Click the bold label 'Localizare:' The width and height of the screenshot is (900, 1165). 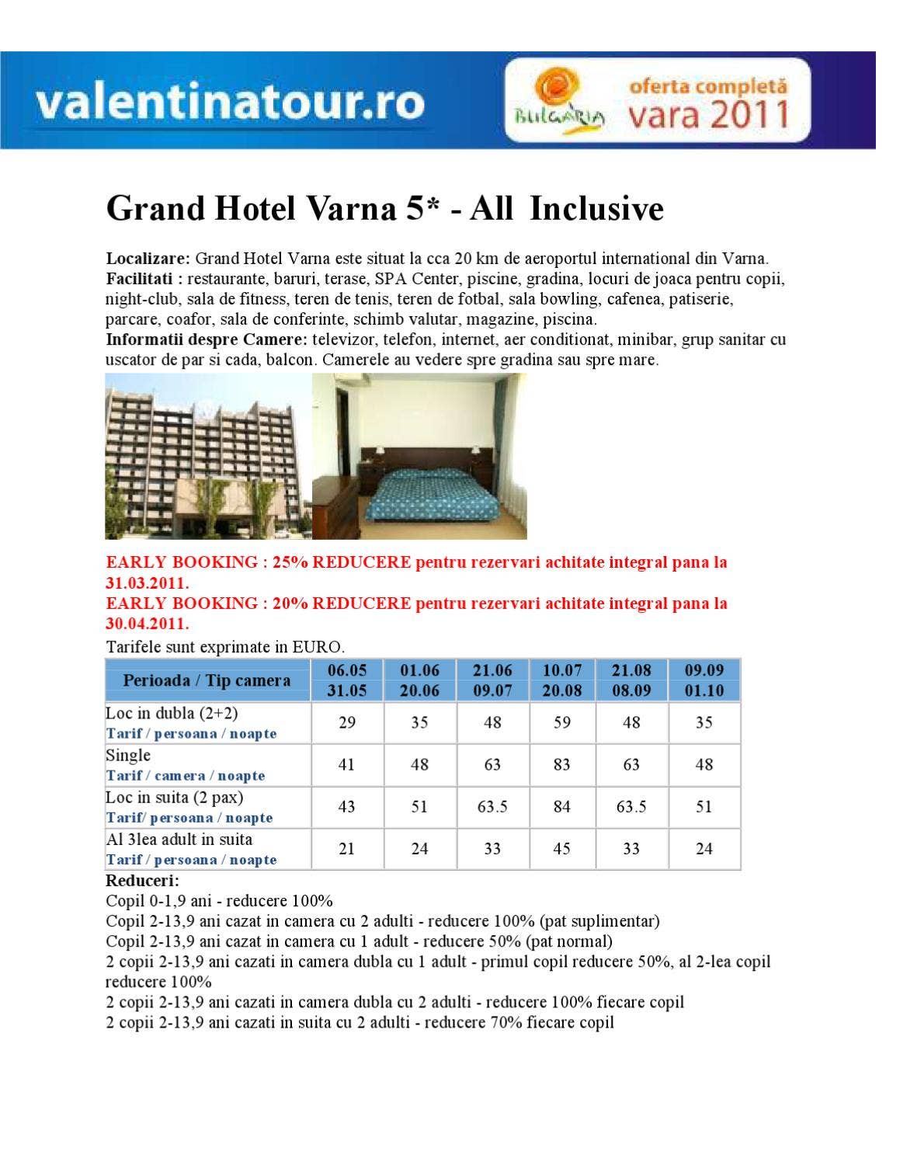coord(148,259)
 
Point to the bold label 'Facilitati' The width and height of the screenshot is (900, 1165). coord(140,279)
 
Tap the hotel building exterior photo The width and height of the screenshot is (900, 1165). coord(207,456)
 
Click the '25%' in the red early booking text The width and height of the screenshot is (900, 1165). coord(290,562)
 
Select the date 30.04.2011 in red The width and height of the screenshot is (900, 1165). coord(147,624)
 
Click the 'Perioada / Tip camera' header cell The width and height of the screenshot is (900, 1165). coord(207,680)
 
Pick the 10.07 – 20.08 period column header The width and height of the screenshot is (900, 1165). coord(562,680)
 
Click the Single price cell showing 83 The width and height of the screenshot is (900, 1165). coord(562,765)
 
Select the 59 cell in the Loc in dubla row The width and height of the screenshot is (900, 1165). coord(562,723)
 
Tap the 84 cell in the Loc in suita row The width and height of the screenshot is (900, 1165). coord(562,807)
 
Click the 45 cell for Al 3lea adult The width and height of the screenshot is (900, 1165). coord(562,849)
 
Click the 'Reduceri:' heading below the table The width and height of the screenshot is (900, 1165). coord(142,882)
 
